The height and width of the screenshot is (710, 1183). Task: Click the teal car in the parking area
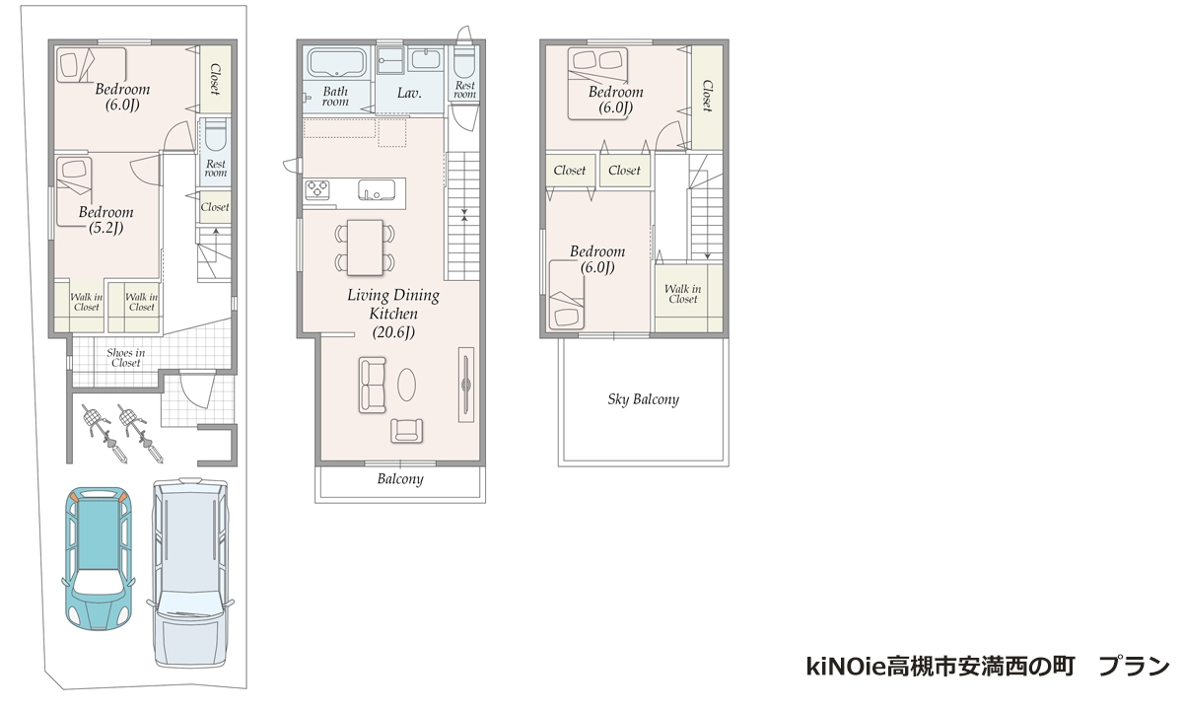tap(99, 558)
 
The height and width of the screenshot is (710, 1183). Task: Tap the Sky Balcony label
tap(643, 399)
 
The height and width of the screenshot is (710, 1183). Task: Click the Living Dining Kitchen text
tap(393, 304)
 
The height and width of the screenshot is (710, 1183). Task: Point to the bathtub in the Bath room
tap(336, 63)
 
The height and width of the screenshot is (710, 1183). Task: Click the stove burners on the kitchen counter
tap(317, 189)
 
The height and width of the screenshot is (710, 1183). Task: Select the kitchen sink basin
tap(377, 189)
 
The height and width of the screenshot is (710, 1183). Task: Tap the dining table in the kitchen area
tap(365, 248)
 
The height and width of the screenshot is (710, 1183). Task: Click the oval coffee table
tap(406, 384)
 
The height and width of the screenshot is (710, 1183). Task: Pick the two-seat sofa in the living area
tap(373, 385)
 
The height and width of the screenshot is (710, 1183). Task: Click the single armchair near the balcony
tap(406, 431)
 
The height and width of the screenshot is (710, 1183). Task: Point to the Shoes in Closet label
tap(126, 358)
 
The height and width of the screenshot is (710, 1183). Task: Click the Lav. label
tap(409, 94)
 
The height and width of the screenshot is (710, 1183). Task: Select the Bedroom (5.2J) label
tap(106, 220)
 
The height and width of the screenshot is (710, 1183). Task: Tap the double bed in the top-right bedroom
tap(597, 83)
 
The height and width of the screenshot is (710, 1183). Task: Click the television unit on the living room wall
tap(465, 384)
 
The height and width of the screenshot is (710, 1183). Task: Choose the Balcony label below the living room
tap(400, 479)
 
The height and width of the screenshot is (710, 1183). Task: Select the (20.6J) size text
tap(393, 332)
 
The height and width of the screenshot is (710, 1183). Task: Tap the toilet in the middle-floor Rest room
tap(464, 64)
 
